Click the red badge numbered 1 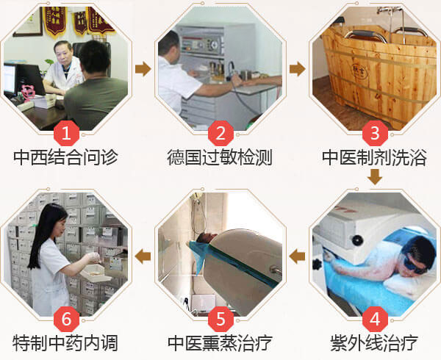click(x=66, y=133)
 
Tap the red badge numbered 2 click(x=220, y=133)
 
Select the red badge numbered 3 click(x=375, y=133)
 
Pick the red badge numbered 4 click(x=375, y=320)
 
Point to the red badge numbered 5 click(x=220, y=320)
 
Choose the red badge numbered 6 click(x=66, y=320)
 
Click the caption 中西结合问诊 click(x=65, y=157)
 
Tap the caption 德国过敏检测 click(x=220, y=157)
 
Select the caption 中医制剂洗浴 click(x=374, y=157)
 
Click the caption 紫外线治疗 click(x=374, y=343)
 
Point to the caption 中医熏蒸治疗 click(x=220, y=343)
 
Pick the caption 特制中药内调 click(x=65, y=343)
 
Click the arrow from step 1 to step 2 click(x=143, y=69)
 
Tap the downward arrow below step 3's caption click(x=375, y=177)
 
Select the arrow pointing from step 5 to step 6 click(x=143, y=256)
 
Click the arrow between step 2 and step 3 click(x=298, y=69)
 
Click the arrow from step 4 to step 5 click(x=297, y=256)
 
